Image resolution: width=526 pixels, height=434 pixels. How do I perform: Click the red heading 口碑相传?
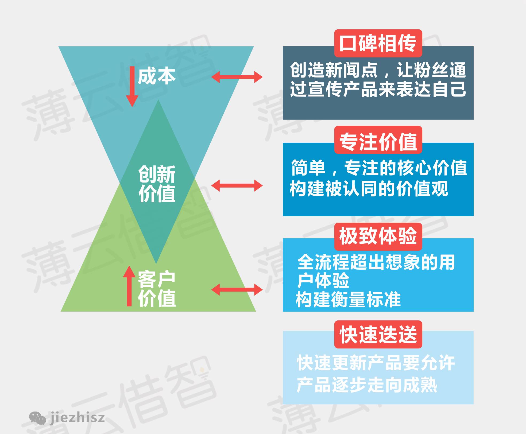[378, 43]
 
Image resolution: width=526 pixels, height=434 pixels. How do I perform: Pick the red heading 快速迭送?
[378, 335]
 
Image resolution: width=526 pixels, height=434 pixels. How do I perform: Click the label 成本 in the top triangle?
[157, 76]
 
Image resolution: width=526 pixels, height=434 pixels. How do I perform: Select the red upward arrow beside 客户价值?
[129, 286]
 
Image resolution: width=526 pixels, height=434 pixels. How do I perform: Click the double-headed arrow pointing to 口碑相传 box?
[237, 77]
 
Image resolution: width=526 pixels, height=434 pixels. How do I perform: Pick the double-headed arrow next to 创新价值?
[237, 185]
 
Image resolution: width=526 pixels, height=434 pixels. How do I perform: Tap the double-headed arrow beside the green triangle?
[237, 290]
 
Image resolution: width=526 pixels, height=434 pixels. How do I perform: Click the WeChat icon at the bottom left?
[37, 418]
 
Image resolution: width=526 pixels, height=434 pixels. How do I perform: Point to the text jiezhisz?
[77, 417]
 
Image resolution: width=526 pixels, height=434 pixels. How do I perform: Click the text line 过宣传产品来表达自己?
[378, 89]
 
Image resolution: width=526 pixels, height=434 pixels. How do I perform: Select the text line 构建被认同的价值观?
[369, 189]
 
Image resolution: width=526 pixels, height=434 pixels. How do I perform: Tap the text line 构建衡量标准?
[348, 299]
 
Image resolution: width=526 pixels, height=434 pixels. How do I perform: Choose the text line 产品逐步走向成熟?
[367, 385]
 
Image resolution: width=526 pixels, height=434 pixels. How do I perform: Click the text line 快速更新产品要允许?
[376, 363]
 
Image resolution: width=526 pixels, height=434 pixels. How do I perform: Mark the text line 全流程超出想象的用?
[376, 262]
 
